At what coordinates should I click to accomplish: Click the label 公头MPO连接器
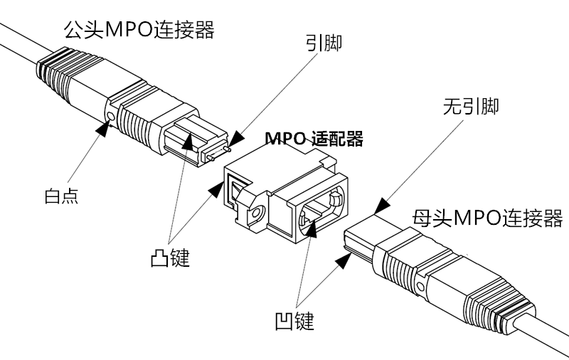point(139,30)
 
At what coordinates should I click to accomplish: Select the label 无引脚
point(470,107)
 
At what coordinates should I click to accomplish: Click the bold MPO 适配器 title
point(314,138)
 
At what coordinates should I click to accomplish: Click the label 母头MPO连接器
point(487,218)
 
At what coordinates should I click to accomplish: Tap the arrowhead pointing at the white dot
point(104,129)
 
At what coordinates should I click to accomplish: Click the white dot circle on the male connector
point(110,116)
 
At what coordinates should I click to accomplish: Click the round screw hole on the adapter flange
point(255,213)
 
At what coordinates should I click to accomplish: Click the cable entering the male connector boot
point(18,43)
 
